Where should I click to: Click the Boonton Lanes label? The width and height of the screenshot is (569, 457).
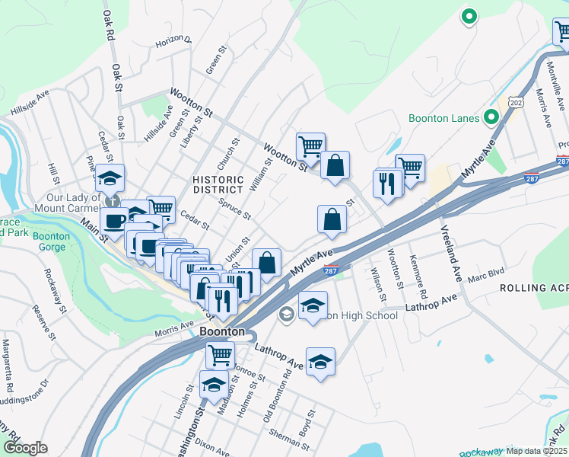click(443, 118)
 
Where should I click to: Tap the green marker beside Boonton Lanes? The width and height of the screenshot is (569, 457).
click(491, 117)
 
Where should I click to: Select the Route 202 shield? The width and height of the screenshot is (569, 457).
click(516, 102)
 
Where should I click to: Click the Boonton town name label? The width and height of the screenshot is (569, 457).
click(221, 332)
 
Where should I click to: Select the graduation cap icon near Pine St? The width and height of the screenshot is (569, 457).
click(110, 178)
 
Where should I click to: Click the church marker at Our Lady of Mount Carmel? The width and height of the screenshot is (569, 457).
click(113, 201)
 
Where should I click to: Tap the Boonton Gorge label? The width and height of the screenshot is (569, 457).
click(51, 241)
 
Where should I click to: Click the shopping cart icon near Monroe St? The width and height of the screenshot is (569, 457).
click(220, 354)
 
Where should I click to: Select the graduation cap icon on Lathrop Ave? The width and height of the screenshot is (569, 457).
click(320, 360)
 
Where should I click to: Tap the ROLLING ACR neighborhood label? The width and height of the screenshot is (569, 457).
click(532, 288)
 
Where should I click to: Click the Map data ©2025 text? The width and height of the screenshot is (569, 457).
click(537, 451)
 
